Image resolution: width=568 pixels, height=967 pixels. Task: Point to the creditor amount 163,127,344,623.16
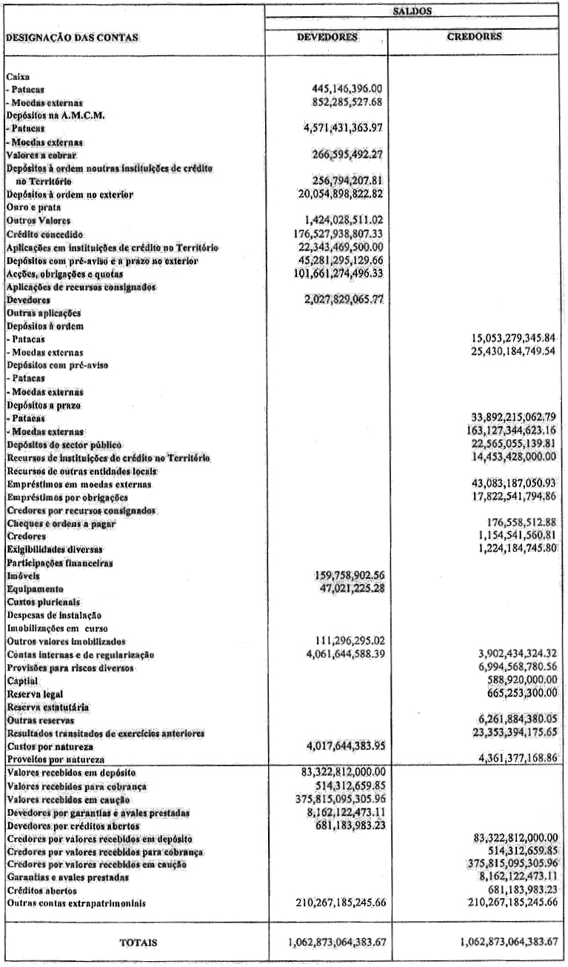click(505, 428)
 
